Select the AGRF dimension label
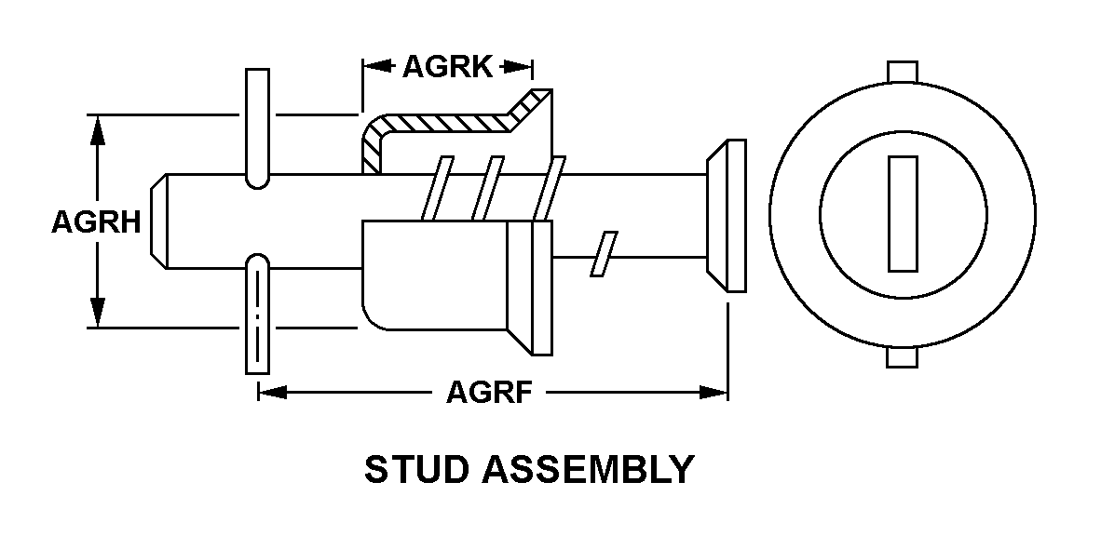pos(489,393)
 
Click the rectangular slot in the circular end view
pos(903,213)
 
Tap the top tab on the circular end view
pos(903,71)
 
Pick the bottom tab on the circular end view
pos(903,357)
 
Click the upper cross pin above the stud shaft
pos(256,126)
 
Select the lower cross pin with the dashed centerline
pos(256,316)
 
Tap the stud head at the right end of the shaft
pos(726,215)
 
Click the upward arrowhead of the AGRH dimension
pos(98,130)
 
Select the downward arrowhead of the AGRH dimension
pos(98,312)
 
